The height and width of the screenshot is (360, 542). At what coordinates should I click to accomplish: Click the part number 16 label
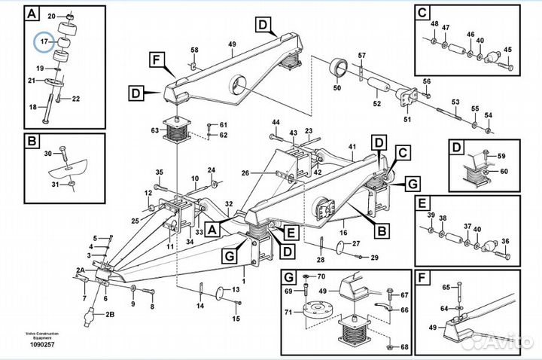(x=343, y=224)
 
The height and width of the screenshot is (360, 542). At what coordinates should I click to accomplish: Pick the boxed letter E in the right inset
(x=422, y=203)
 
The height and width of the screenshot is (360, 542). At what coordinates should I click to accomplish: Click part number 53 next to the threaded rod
(x=455, y=102)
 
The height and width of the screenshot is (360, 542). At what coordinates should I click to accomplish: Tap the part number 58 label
(x=194, y=50)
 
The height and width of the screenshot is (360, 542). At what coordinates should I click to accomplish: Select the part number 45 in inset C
(x=507, y=50)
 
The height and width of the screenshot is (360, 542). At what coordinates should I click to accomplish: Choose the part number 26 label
(x=245, y=173)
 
